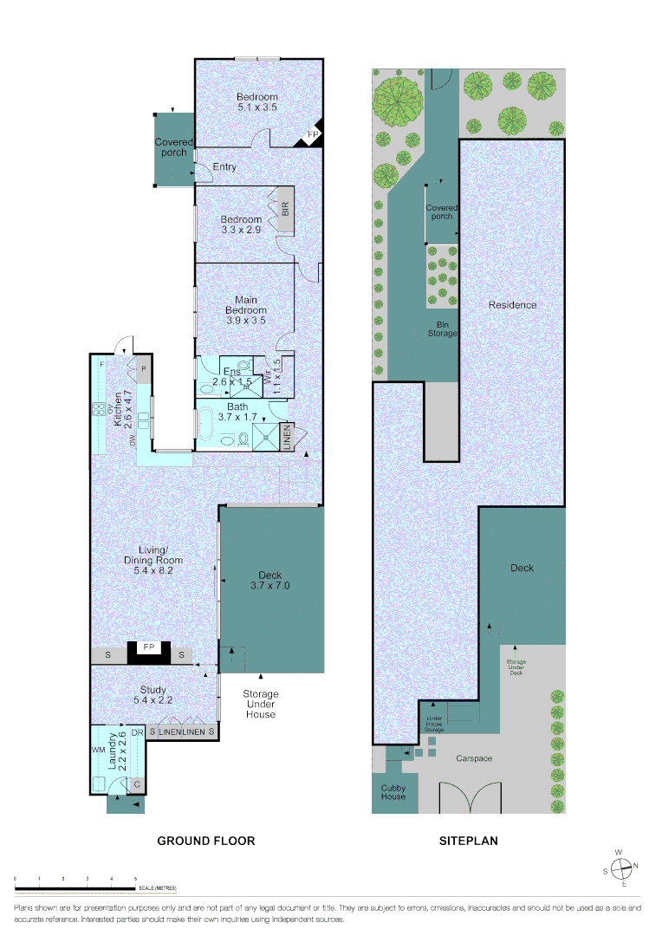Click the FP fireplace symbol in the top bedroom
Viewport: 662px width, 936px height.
pyautogui.click(x=313, y=135)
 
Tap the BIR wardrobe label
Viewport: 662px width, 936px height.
pyautogui.click(x=285, y=209)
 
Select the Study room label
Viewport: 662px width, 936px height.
pyautogui.click(x=153, y=694)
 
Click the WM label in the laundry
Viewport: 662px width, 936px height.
pyautogui.click(x=97, y=748)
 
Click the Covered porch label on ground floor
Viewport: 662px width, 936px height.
pyautogui.click(x=171, y=147)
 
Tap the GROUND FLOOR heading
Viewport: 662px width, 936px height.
pyautogui.click(x=205, y=841)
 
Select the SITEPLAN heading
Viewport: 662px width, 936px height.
pyautogui.click(x=469, y=841)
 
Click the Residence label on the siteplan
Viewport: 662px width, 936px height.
pyautogui.click(x=512, y=305)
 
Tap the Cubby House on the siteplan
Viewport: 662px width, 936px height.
pyautogui.click(x=393, y=792)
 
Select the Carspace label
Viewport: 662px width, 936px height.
pyautogui.click(x=474, y=758)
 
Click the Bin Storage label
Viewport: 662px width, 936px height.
pyautogui.click(x=441, y=328)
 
